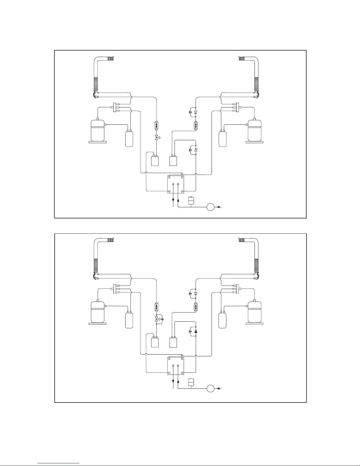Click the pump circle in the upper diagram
(x=210, y=207)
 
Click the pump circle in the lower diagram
(x=210, y=388)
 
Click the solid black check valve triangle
(x=196, y=332)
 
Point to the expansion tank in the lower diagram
(x=191, y=382)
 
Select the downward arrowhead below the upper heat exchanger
(x=173, y=201)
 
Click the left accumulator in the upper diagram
(x=129, y=139)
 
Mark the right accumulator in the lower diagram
(x=222, y=320)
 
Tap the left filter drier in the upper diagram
(x=156, y=125)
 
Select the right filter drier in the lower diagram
(x=196, y=307)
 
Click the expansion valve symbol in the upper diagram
(x=156, y=138)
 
